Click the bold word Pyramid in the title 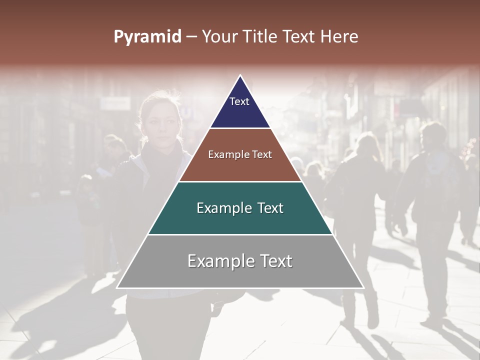(147, 37)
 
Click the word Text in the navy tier (239, 101)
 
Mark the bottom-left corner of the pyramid (117, 288)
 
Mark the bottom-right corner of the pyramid (363, 288)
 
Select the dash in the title (191, 37)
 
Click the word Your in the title (220, 37)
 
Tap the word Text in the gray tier (274, 261)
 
